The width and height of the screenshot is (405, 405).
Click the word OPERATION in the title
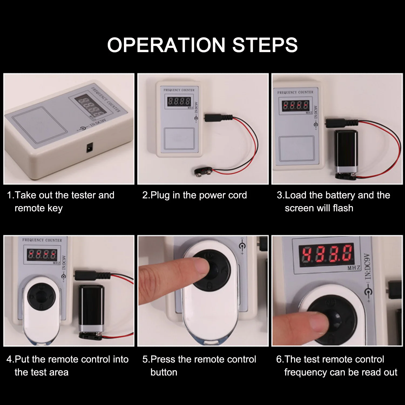166,45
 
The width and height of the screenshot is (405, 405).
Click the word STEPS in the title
265,45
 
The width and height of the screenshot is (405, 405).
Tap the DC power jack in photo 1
89,148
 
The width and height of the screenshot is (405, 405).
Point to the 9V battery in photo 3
346,153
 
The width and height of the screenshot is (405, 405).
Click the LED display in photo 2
179,102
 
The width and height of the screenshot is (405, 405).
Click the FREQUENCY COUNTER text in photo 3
295,92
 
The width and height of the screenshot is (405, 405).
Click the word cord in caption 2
237,195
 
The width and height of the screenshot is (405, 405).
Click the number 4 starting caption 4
9,359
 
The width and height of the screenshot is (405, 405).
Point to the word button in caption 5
164,372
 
